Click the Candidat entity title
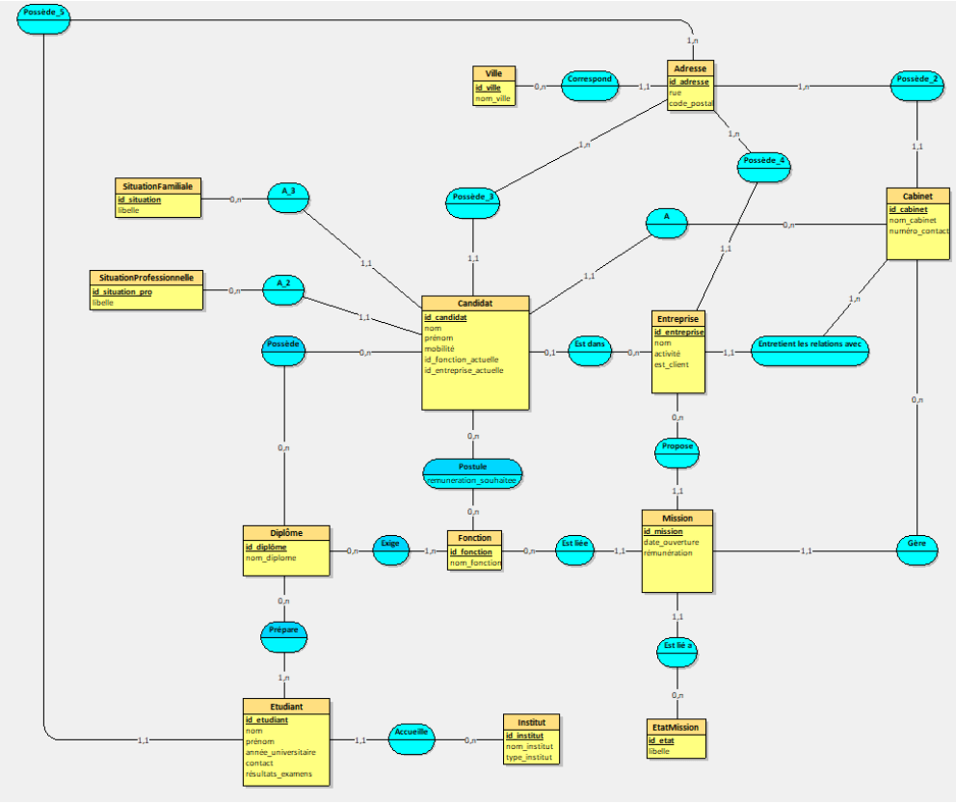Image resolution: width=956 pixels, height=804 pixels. coord(475,303)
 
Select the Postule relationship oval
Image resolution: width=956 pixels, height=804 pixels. coord(472,466)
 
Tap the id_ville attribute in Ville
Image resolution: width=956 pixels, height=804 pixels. coord(488,88)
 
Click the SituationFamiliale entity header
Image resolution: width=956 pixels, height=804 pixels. coord(158,185)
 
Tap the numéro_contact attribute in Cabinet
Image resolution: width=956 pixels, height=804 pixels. coord(918,231)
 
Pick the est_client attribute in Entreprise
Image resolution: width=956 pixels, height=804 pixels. coord(672,364)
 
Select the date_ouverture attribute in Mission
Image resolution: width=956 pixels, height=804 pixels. coord(672,542)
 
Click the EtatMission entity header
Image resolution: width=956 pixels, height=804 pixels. coord(676,727)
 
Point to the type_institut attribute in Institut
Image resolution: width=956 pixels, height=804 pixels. coord(530,758)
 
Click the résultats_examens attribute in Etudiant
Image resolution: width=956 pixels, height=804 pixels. coord(279,774)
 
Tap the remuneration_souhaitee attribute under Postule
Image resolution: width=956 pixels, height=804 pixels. coord(472,479)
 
